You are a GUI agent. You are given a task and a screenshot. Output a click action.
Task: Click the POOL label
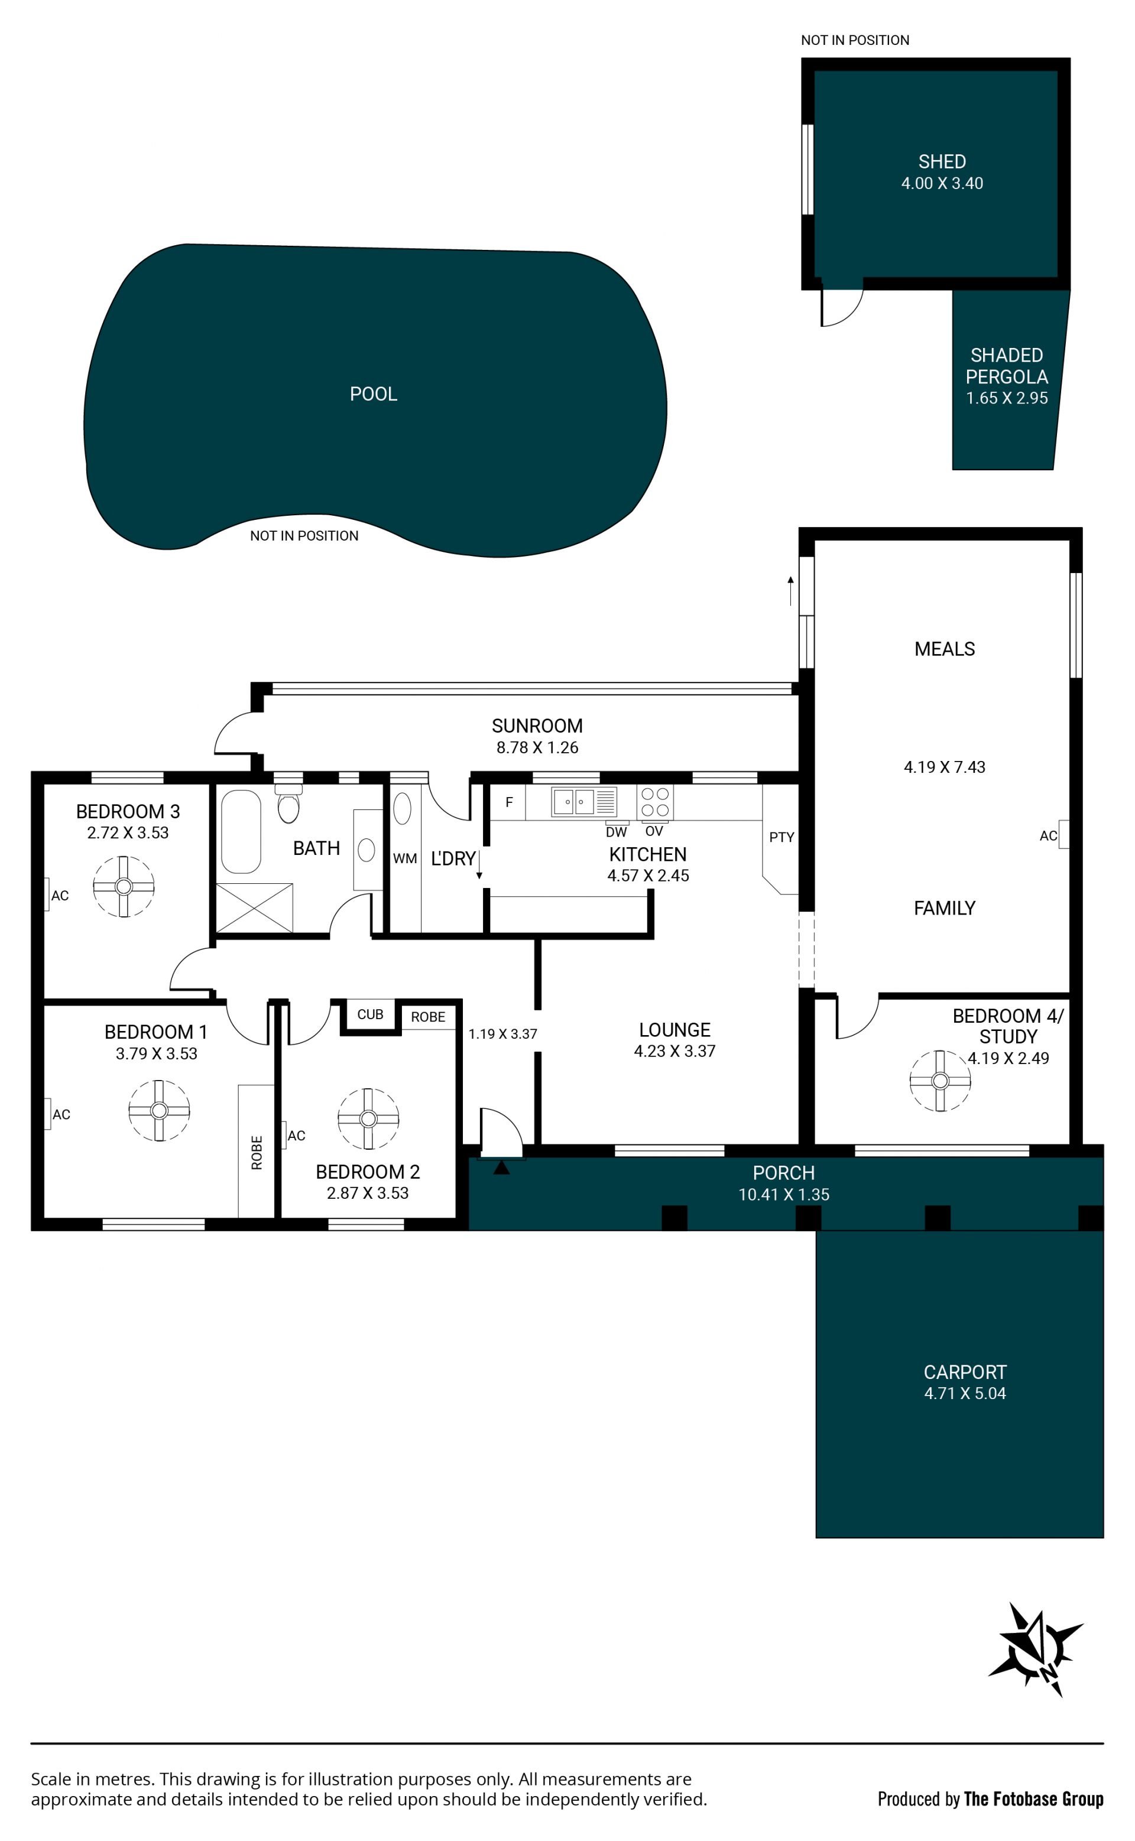(x=373, y=394)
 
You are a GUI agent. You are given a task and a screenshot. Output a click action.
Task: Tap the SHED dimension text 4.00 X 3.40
(x=942, y=183)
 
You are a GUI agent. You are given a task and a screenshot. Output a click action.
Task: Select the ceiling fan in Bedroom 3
(x=124, y=886)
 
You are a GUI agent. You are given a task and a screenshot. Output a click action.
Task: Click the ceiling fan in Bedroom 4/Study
(x=940, y=1080)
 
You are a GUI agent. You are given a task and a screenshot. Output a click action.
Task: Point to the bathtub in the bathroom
(x=241, y=831)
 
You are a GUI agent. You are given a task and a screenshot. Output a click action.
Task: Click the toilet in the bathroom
(x=288, y=804)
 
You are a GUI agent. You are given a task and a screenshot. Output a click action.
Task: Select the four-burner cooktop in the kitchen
(x=654, y=802)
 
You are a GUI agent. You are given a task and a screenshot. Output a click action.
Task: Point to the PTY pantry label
(x=781, y=837)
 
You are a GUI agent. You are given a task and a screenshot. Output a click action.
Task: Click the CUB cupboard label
(x=370, y=1014)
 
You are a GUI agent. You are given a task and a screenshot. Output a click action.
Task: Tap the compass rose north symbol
(x=1035, y=1650)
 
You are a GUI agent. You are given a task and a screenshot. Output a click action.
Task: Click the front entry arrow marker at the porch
(x=501, y=1167)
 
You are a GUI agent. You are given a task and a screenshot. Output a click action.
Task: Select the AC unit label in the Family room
(x=1048, y=836)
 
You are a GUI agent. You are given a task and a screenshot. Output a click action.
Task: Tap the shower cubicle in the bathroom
(x=254, y=908)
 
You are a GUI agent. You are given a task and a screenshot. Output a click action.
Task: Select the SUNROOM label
(x=537, y=726)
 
